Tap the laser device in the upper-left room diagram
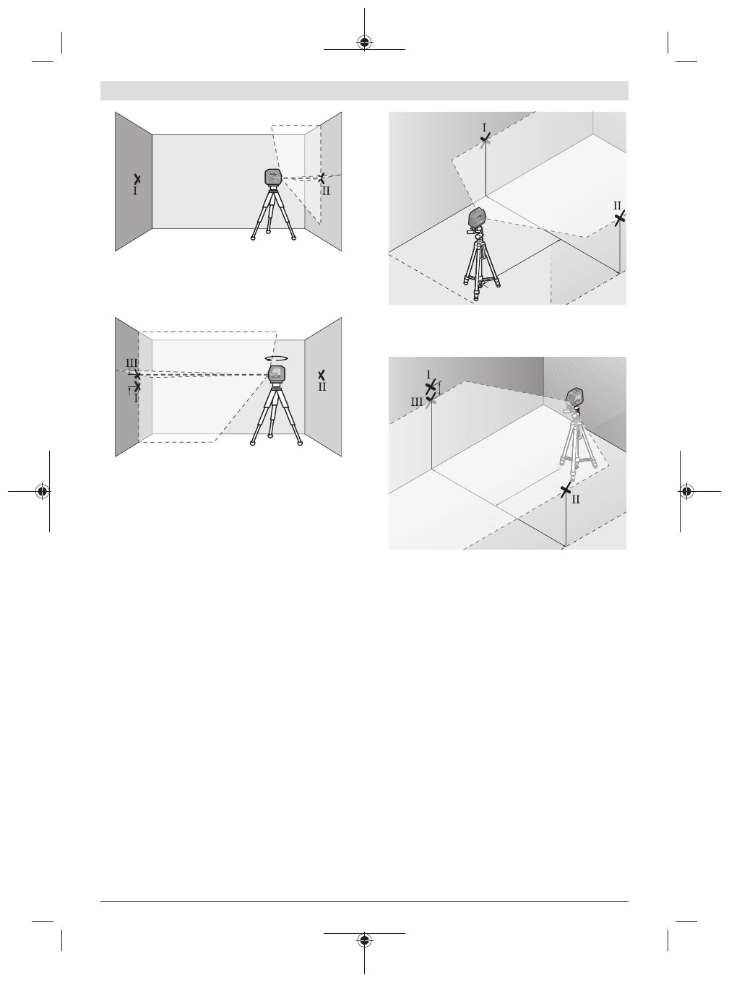click(x=272, y=177)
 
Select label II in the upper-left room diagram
click(x=326, y=191)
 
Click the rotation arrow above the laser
click(x=276, y=358)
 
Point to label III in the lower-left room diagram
click(x=131, y=363)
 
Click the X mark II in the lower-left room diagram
click(x=322, y=374)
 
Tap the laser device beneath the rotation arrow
click(x=275, y=373)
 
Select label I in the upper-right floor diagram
click(x=484, y=126)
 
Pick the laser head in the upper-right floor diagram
click(x=477, y=217)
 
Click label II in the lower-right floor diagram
click(x=576, y=499)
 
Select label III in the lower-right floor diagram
click(x=417, y=401)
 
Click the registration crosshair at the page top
click(x=364, y=42)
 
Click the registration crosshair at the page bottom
click(x=364, y=941)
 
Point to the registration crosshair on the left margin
click(x=43, y=491)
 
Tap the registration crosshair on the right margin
click(x=686, y=491)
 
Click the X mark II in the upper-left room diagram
click(x=322, y=176)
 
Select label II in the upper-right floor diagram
click(x=618, y=206)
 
